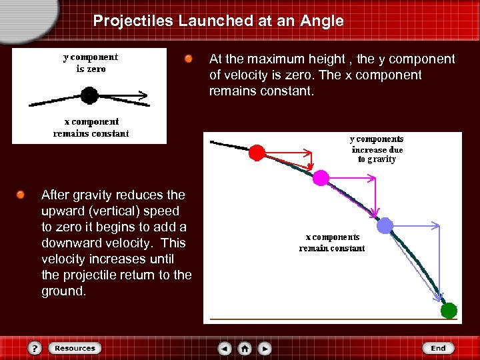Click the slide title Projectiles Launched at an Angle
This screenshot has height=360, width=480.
pos(218,21)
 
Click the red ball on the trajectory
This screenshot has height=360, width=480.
pos(257,153)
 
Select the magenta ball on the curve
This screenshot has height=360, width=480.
pos(321,177)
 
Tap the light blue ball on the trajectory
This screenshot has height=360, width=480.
pos(385,226)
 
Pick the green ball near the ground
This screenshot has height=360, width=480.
pos(449,310)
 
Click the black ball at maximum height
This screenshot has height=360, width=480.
pos(89,95)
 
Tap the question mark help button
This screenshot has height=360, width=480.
pos(35,348)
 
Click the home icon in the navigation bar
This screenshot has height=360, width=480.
pos(245,348)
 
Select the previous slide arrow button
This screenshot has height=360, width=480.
pos(225,348)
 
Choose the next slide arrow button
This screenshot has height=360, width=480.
pos(265,348)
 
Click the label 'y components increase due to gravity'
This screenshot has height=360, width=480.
pos(377,149)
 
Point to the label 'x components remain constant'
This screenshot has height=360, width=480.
pos(332,243)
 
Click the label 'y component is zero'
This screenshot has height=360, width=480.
pos(91,63)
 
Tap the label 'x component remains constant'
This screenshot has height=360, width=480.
pos(91,127)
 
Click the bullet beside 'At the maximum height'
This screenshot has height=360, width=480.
pos(189,60)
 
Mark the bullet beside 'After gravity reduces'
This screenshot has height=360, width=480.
pos(21,195)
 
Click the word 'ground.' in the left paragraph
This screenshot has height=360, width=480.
pos(63,291)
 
